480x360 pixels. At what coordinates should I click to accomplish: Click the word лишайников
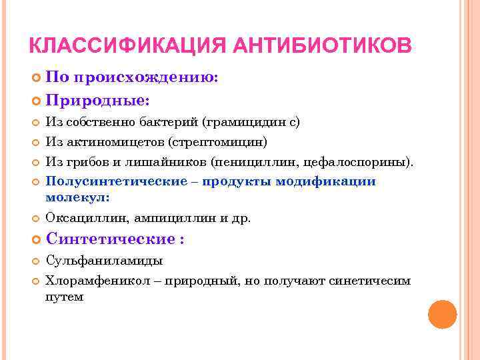[176, 162]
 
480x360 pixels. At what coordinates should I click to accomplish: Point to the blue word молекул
[77, 197]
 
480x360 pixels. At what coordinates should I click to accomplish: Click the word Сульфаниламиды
[104, 261]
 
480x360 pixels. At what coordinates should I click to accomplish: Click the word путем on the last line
[64, 297]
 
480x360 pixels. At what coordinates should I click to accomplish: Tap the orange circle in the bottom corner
[441, 314]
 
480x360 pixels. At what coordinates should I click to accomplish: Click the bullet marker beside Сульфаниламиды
[36, 261]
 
